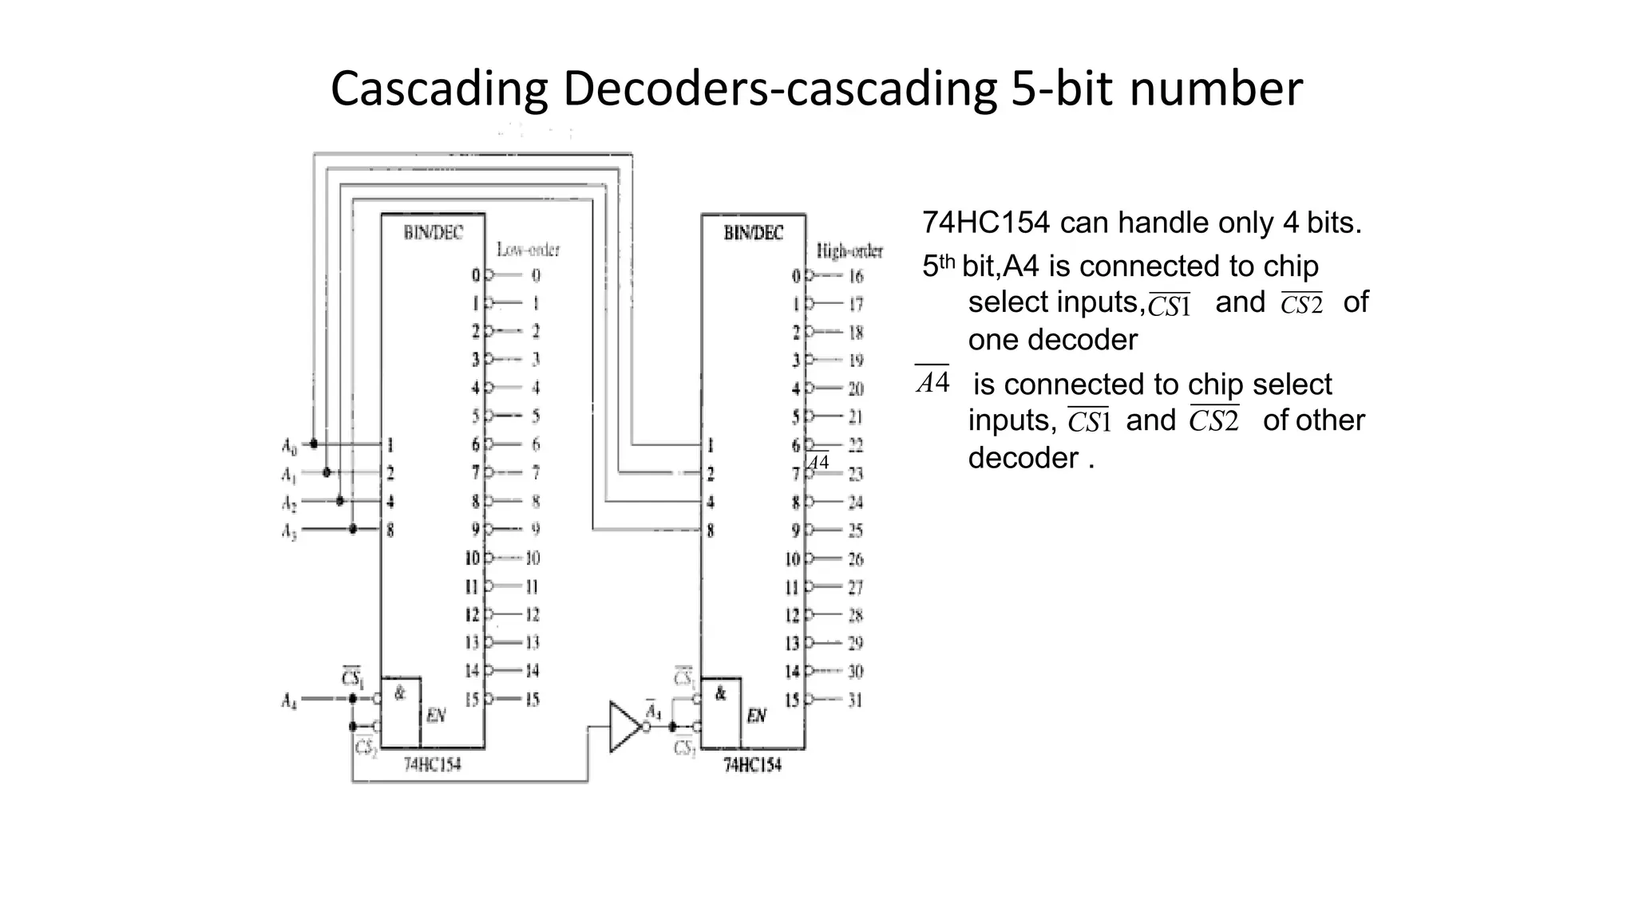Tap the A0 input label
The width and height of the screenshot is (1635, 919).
click(289, 446)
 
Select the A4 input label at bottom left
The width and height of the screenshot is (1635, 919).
click(289, 701)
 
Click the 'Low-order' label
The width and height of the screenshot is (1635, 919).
click(529, 250)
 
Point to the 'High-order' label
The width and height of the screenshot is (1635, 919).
click(849, 251)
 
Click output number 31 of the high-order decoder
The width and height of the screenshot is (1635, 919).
click(855, 700)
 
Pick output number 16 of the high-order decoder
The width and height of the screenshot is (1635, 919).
click(856, 277)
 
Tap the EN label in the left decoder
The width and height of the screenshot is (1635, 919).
click(436, 716)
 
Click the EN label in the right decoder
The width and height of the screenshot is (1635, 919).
click(756, 716)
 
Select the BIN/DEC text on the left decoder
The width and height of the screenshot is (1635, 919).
click(433, 232)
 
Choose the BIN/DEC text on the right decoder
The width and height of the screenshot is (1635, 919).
click(753, 233)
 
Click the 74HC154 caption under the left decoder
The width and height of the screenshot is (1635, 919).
click(432, 764)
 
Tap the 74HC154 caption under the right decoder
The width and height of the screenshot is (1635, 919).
click(752, 764)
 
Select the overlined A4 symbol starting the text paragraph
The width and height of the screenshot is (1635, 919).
click(932, 381)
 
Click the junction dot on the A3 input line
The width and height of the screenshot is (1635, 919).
click(354, 529)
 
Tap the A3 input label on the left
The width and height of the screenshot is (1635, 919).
click(289, 531)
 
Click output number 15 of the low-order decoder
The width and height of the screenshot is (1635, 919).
click(532, 700)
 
